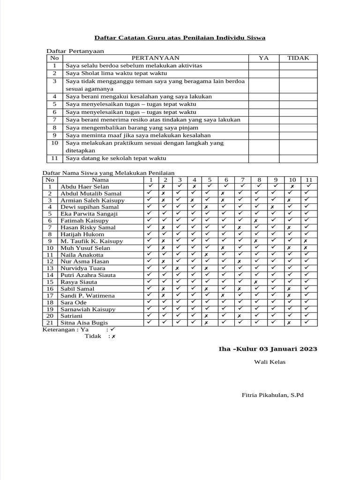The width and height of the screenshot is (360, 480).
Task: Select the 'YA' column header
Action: (264, 58)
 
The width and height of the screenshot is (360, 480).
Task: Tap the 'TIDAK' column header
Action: (298, 58)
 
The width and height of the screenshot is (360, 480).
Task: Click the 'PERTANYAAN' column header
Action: (155, 58)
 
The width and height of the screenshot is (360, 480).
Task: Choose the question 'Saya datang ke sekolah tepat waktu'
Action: (116, 158)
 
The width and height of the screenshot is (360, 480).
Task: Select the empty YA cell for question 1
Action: (264, 66)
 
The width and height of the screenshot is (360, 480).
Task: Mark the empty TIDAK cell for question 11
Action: (298, 158)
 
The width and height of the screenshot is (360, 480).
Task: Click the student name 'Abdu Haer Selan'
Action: (85, 187)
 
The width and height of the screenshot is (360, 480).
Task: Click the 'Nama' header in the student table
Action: (100, 180)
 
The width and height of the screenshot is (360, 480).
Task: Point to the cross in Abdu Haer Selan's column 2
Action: (164, 187)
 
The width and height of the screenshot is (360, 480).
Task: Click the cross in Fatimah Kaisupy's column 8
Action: (256, 220)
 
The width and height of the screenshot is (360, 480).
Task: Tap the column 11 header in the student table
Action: (309, 180)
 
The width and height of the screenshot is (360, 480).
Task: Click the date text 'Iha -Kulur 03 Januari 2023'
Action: (268, 349)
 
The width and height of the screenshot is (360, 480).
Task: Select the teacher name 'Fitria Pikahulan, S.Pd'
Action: (272, 395)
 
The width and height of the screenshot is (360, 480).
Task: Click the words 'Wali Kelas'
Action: (270, 361)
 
